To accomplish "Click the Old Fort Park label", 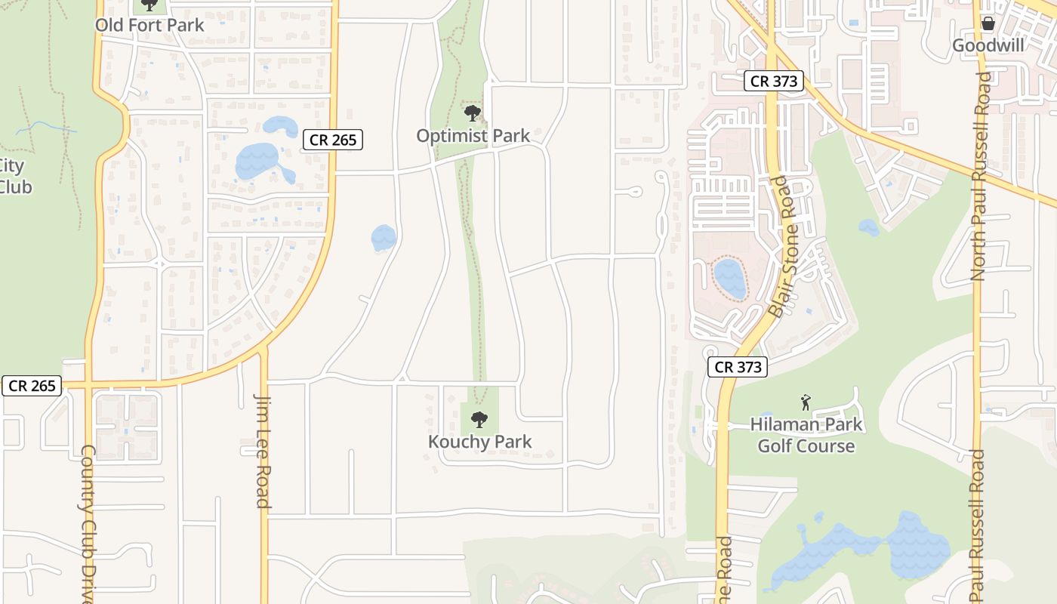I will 149,25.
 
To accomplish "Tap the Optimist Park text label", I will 473,136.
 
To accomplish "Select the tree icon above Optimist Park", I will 473,114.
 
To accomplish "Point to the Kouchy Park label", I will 480,442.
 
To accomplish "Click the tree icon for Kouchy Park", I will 479,419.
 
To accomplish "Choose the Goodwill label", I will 988,45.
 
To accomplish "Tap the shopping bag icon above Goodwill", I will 988,23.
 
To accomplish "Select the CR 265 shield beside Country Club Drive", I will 32,386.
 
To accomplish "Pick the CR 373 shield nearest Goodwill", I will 774,81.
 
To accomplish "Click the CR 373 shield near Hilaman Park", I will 738,368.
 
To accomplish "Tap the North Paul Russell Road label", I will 979,177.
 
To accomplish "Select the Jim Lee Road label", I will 262,451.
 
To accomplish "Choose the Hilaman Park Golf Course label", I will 806,435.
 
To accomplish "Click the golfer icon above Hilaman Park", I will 806,402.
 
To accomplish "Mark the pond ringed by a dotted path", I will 729,278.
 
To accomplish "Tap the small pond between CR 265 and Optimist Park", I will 384,238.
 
